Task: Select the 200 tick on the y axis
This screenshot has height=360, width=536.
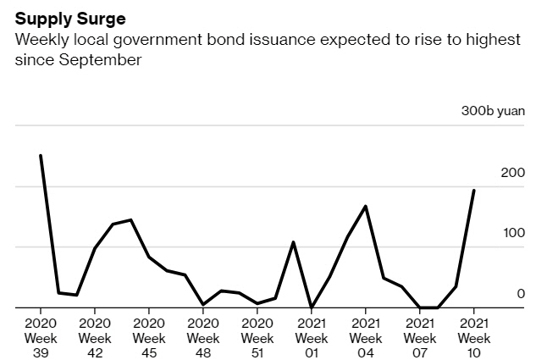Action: click(513, 173)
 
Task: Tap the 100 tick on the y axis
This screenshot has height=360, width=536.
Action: click(513, 233)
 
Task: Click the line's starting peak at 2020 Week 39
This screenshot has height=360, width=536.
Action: click(41, 156)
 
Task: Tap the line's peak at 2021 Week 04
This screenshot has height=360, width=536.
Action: click(365, 206)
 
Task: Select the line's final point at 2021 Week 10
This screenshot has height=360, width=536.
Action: click(473, 191)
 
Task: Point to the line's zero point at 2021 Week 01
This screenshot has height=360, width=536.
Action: click(311, 307)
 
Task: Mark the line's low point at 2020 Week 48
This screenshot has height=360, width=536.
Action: click(203, 304)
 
